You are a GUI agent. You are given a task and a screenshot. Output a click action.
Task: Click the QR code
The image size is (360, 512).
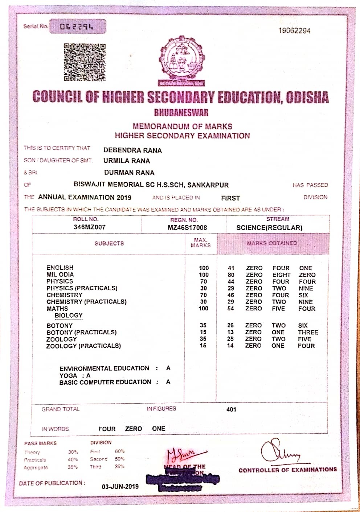(x=85, y=62)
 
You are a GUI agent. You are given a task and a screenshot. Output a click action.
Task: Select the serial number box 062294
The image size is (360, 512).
(x=77, y=27)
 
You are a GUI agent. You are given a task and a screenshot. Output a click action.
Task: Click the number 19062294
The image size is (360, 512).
(x=294, y=31)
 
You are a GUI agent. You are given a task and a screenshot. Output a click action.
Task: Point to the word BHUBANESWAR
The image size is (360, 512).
(x=181, y=112)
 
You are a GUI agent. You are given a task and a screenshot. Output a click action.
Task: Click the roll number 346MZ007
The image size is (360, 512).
(x=89, y=227)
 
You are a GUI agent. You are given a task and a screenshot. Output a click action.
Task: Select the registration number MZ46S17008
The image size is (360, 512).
(x=187, y=228)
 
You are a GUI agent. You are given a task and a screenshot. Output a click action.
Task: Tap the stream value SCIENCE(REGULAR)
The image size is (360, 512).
(x=269, y=228)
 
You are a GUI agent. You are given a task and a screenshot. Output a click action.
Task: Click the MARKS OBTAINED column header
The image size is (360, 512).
(x=272, y=243)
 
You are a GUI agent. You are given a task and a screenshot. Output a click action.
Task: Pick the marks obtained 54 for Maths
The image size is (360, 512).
(x=231, y=309)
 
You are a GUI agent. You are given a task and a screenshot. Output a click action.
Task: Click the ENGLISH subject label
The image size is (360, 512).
(x=60, y=268)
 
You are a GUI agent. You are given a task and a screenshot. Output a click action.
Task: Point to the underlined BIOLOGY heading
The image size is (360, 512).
(x=69, y=315)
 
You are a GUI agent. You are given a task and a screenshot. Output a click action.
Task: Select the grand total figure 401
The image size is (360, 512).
(x=231, y=409)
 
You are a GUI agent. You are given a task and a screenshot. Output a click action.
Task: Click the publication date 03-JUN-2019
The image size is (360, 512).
(x=120, y=487)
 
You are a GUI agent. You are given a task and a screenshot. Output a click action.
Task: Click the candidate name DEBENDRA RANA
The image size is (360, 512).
(x=132, y=150)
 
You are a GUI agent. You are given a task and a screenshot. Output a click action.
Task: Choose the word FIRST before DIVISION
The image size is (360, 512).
(x=230, y=198)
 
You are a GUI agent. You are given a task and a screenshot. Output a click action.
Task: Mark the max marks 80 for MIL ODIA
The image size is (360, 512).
(x=231, y=275)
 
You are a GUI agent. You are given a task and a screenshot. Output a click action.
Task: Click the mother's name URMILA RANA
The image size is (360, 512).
(x=127, y=161)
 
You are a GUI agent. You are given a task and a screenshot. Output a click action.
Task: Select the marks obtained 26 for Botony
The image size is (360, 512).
(x=230, y=326)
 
